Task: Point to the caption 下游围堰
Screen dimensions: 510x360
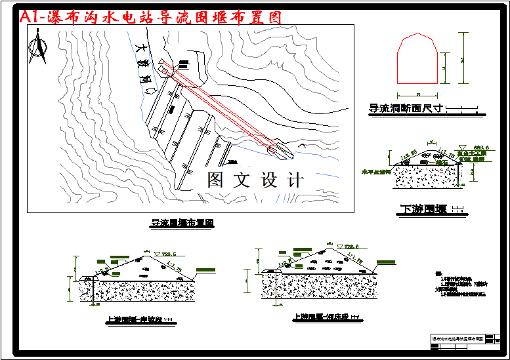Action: (423, 210)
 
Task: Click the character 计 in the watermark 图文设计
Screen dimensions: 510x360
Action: (293, 180)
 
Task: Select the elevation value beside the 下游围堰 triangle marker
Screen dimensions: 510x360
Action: (476, 146)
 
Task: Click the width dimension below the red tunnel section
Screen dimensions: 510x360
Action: (418, 93)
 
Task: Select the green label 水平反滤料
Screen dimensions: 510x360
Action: (375, 172)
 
